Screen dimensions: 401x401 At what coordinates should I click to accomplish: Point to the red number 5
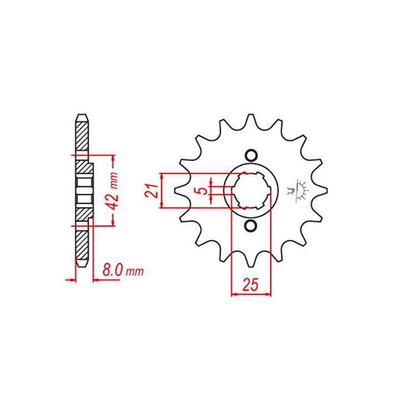point(204,190)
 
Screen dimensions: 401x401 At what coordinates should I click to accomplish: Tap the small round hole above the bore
point(251,155)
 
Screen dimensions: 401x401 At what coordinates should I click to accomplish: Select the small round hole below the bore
point(251,226)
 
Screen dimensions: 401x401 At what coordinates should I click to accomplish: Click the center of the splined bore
point(251,190)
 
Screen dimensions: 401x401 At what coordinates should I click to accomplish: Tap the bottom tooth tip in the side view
point(82,263)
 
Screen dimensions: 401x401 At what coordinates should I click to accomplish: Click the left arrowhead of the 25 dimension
point(233,294)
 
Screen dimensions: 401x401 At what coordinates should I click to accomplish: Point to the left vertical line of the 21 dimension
point(161,190)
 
